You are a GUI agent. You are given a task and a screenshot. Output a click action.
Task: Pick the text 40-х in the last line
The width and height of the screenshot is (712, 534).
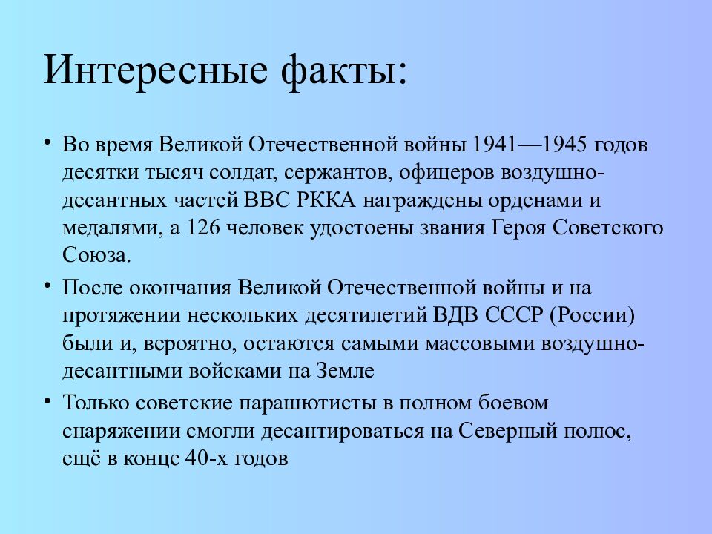(203, 459)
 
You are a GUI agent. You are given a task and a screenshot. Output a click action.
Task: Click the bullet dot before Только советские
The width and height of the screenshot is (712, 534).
(47, 401)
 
